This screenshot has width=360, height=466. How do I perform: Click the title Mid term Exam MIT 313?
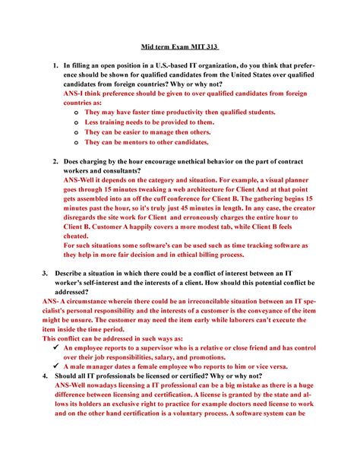coord(179,44)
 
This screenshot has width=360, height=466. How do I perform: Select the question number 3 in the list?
coord(46,273)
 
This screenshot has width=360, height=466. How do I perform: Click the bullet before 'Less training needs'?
coord(75,122)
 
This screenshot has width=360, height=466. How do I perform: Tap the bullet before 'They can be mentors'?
coord(75,142)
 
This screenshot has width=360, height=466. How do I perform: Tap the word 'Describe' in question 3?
coord(81,273)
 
